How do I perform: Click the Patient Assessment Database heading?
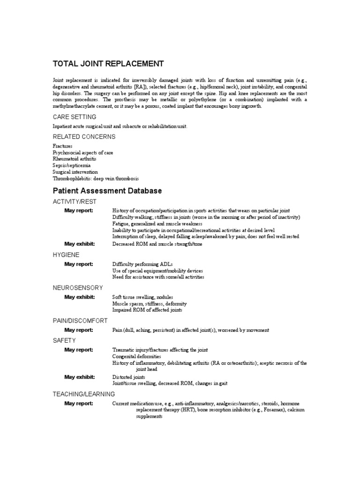(107, 191)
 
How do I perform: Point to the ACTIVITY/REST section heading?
(75, 201)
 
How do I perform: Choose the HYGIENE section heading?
(66, 255)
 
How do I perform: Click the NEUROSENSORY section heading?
(78, 287)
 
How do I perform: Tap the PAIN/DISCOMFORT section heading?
(80, 321)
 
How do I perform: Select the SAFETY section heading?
(64, 340)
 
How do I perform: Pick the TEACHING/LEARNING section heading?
(83, 394)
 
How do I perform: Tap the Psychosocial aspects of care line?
(83, 153)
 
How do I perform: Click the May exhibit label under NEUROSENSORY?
(79, 297)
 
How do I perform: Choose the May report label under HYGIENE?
(79, 264)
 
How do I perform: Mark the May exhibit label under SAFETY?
(79, 377)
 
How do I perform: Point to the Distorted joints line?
(129, 377)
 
